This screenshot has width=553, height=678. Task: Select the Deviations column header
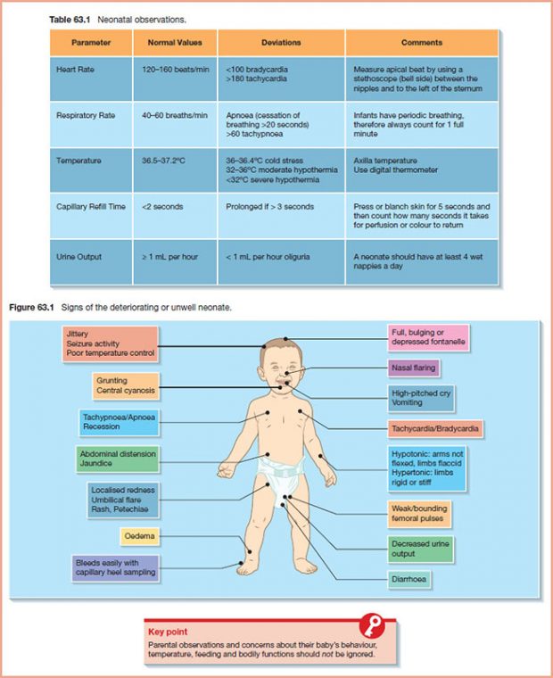click(281, 42)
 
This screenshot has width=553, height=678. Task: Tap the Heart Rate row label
click(75, 69)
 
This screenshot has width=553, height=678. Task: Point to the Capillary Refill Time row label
click(92, 207)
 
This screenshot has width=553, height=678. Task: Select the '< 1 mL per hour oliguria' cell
click(268, 257)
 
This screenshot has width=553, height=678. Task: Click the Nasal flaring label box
click(413, 368)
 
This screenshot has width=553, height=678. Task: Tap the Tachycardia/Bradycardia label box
click(435, 429)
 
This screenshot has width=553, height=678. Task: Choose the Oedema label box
click(138, 536)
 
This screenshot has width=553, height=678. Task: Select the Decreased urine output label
click(421, 548)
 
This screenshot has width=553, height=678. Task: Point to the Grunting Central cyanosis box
click(124, 385)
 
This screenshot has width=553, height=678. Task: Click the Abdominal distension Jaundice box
click(117, 459)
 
